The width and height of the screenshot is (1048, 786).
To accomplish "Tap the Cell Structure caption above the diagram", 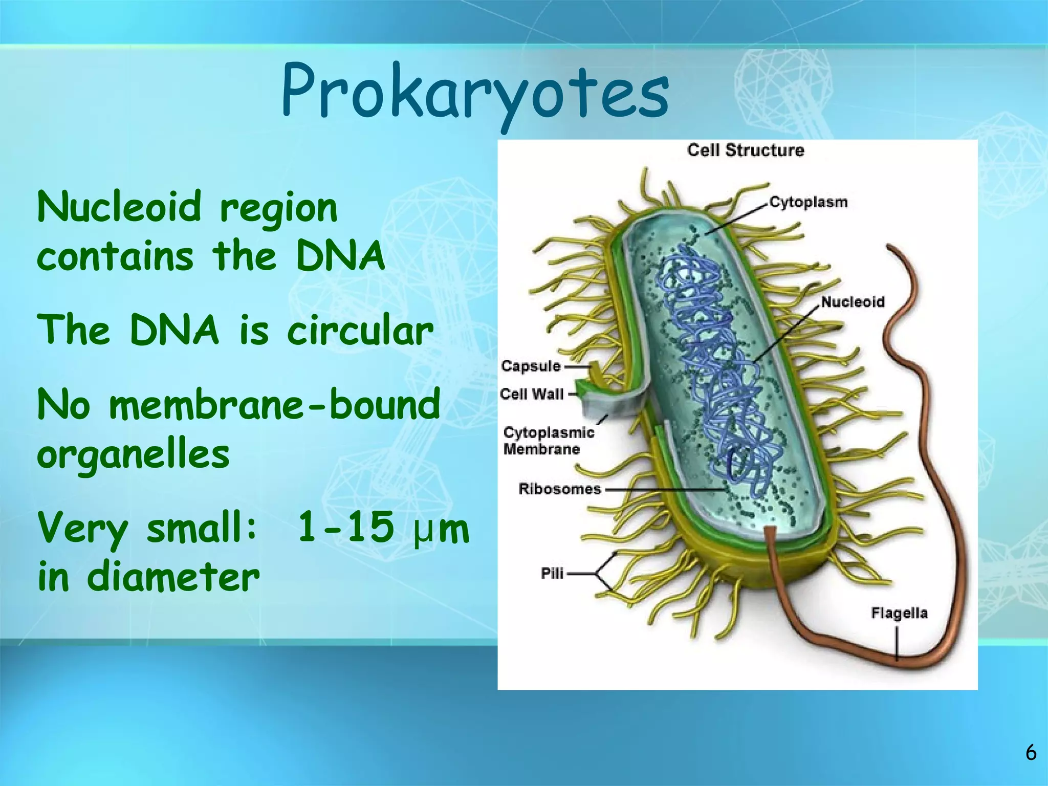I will pos(745,150).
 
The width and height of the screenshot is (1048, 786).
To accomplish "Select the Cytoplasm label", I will pos(809,202).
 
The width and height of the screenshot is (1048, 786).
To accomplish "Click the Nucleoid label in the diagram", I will pos(853,302).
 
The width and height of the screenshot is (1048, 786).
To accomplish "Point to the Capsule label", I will pos(531,366).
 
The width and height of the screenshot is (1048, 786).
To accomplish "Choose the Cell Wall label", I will pos(532,394).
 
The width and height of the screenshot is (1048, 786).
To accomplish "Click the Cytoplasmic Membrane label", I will pos(548,441).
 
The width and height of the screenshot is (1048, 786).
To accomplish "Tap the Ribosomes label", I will pos(560,489).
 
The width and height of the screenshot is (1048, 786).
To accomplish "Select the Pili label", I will pos(552,574).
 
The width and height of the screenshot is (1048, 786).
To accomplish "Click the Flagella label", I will pos(899,613).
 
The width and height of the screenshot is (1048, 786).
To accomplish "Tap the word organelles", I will pos(133,454).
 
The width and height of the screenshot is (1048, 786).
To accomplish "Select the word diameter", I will pos(173,577).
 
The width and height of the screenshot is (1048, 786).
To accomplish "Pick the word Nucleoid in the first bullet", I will pos(119,207).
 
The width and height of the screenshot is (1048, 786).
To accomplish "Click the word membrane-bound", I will pos(275,404).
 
